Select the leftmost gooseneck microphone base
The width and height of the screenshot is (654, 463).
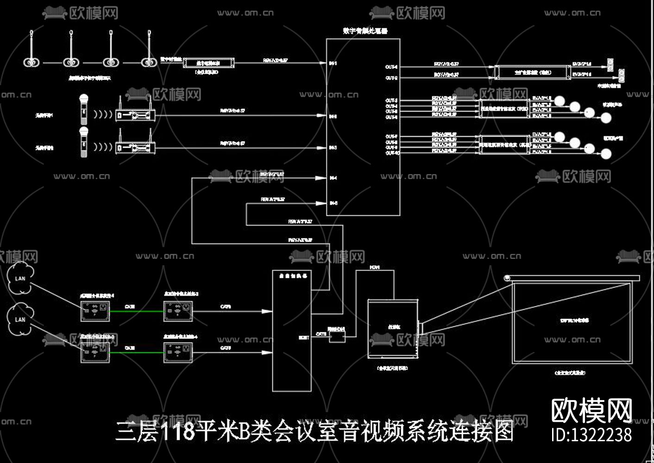(x=31, y=62)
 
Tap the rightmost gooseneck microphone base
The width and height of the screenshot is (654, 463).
(x=148, y=62)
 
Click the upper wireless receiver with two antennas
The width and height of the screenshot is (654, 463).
(x=135, y=114)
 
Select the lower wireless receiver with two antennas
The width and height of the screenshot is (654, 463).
(x=135, y=148)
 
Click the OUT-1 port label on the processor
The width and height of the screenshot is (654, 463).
(x=391, y=67)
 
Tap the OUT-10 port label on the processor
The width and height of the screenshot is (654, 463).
(x=392, y=152)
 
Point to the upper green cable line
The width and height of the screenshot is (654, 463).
(x=137, y=311)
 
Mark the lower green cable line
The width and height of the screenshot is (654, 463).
(x=137, y=353)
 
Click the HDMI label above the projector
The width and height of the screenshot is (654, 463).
(x=375, y=268)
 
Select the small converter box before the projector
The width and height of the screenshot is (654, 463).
(x=337, y=337)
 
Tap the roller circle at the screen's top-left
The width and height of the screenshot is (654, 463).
(x=507, y=278)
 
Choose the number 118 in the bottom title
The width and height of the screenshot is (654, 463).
(x=178, y=432)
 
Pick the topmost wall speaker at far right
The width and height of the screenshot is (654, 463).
(x=611, y=63)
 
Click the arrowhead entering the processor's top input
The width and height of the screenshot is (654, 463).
(x=322, y=63)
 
